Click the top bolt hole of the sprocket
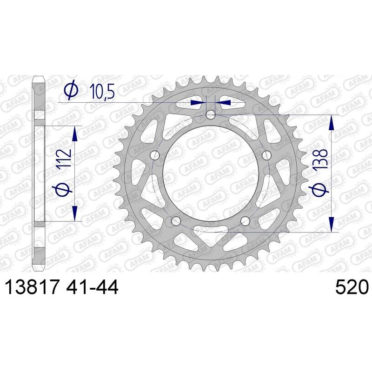pyautogui.click(x=211, y=115)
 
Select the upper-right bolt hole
pyautogui.click(x=266, y=155)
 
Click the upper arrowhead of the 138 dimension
pyautogui.click(x=331, y=122)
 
